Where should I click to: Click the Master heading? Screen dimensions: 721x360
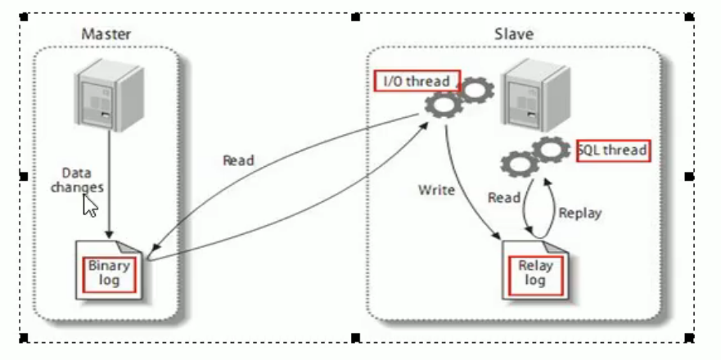pos(106,34)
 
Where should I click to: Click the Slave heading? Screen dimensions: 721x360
pos(514,34)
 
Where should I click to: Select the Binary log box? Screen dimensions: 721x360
pos(109,274)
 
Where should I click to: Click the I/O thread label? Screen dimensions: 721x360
pos(417,81)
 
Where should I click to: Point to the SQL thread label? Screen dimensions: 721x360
pos(614,151)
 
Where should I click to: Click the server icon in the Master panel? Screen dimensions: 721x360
pos(110,94)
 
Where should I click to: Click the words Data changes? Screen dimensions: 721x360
pos(77,180)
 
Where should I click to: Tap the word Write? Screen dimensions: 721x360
pos(436,190)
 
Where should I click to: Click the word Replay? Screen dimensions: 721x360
pos(580,214)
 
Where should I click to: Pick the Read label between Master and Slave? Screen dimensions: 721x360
pos(238,160)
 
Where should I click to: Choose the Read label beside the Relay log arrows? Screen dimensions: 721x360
pos(504,198)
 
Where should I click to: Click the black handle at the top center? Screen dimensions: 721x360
pos(355,17)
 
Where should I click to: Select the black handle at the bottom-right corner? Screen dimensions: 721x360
pos(689,339)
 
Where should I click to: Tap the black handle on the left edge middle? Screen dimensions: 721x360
pos(24,176)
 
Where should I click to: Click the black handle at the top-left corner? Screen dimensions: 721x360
pos(24,17)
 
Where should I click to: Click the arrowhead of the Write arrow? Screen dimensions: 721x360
pos(497,236)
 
